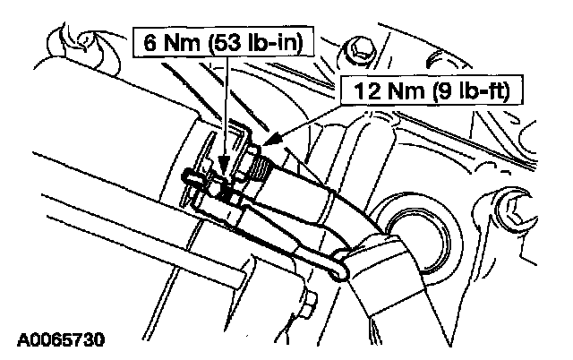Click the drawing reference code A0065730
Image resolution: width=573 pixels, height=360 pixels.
tap(60, 340)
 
